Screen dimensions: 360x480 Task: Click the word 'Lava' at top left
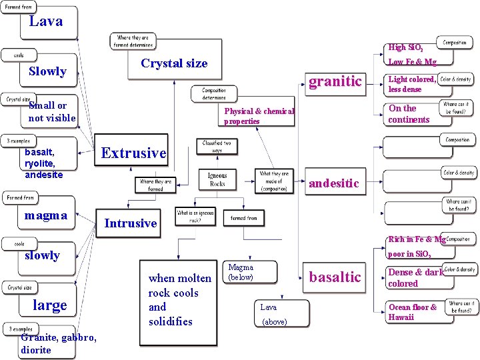pyautogui.click(x=46, y=21)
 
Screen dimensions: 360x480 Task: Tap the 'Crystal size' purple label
pyautogui.click(x=174, y=63)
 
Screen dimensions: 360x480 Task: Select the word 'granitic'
pyautogui.click(x=335, y=81)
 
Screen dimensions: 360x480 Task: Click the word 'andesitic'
pyautogui.click(x=333, y=183)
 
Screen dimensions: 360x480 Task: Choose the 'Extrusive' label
pyautogui.click(x=133, y=153)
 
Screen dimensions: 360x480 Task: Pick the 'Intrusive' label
pyautogui.click(x=131, y=223)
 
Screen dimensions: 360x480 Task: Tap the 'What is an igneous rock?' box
pyautogui.click(x=195, y=217)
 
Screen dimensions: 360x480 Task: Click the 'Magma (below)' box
pyautogui.click(x=241, y=272)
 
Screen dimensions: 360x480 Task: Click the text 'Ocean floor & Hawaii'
pyautogui.click(x=413, y=312)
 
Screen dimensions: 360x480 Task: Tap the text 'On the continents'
pyautogui.click(x=409, y=114)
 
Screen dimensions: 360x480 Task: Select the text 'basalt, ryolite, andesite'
pyautogui.click(x=43, y=163)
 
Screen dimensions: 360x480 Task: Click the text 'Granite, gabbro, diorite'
pyautogui.click(x=59, y=343)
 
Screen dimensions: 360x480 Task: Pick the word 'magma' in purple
pyautogui.click(x=45, y=215)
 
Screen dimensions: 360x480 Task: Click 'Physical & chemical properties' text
pyautogui.click(x=259, y=116)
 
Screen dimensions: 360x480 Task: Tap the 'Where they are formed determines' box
pyautogui.click(x=133, y=41)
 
